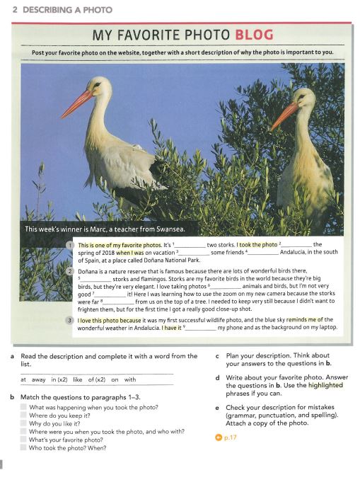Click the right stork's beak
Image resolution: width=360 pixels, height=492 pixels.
(x=283, y=115)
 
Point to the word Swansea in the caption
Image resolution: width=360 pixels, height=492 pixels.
(x=165, y=229)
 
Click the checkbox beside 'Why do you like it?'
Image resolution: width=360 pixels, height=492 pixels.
(x=24, y=423)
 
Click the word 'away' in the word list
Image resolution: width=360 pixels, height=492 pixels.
(x=40, y=379)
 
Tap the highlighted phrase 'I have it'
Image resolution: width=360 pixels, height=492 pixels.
(x=171, y=328)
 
